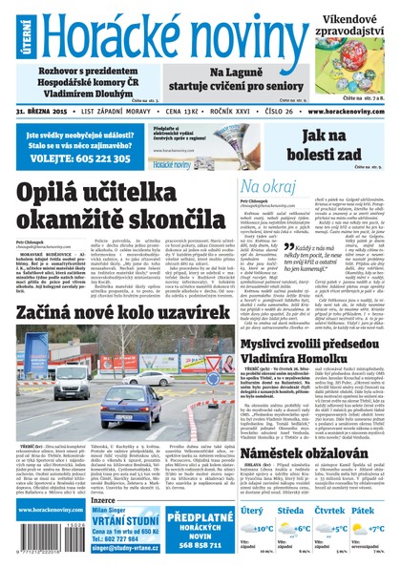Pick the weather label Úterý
point(253,510)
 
